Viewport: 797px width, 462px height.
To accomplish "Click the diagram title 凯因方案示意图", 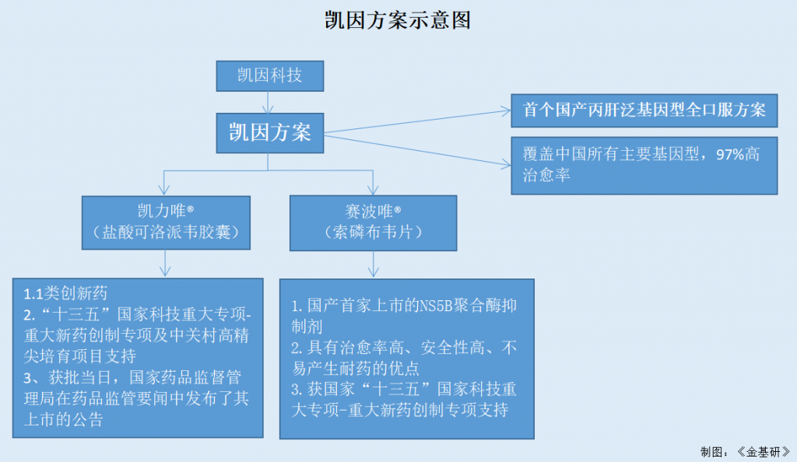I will pyautogui.click(x=398, y=20).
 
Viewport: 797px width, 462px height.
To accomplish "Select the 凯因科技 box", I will pyautogui.click(x=269, y=75).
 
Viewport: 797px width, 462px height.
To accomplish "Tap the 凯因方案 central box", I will pyautogui.click(x=269, y=132).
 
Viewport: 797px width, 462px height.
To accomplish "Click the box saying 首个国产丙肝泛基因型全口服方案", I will pyautogui.click(x=644, y=110).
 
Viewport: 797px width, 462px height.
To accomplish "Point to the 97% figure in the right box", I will pyautogui.click(x=731, y=154).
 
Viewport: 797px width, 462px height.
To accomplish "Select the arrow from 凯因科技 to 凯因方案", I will pyautogui.click(x=269, y=102).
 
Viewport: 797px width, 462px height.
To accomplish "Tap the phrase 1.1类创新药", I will pyautogui.click(x=65, y=293).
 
